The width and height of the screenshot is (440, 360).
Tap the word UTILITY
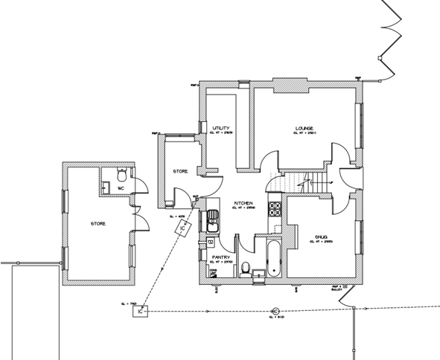coord(220,127)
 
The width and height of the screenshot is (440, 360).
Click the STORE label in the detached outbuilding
coord(98,223)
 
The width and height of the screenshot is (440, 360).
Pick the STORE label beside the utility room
coord(179,171)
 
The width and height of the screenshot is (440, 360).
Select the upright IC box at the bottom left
coord(141,312)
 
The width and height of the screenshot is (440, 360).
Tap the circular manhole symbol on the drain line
coord(275,311)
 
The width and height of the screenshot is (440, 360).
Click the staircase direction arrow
coord(302,181)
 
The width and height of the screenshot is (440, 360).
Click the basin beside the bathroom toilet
coord(258,276)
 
